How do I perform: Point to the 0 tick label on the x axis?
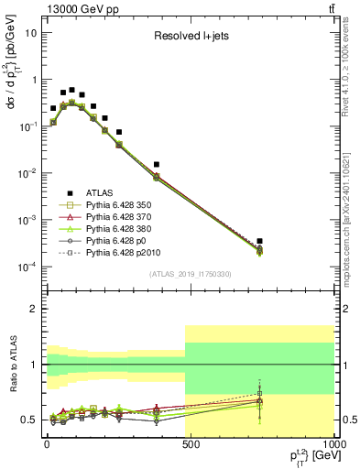click(47, 448)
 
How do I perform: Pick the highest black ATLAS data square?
click(71, 90)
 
